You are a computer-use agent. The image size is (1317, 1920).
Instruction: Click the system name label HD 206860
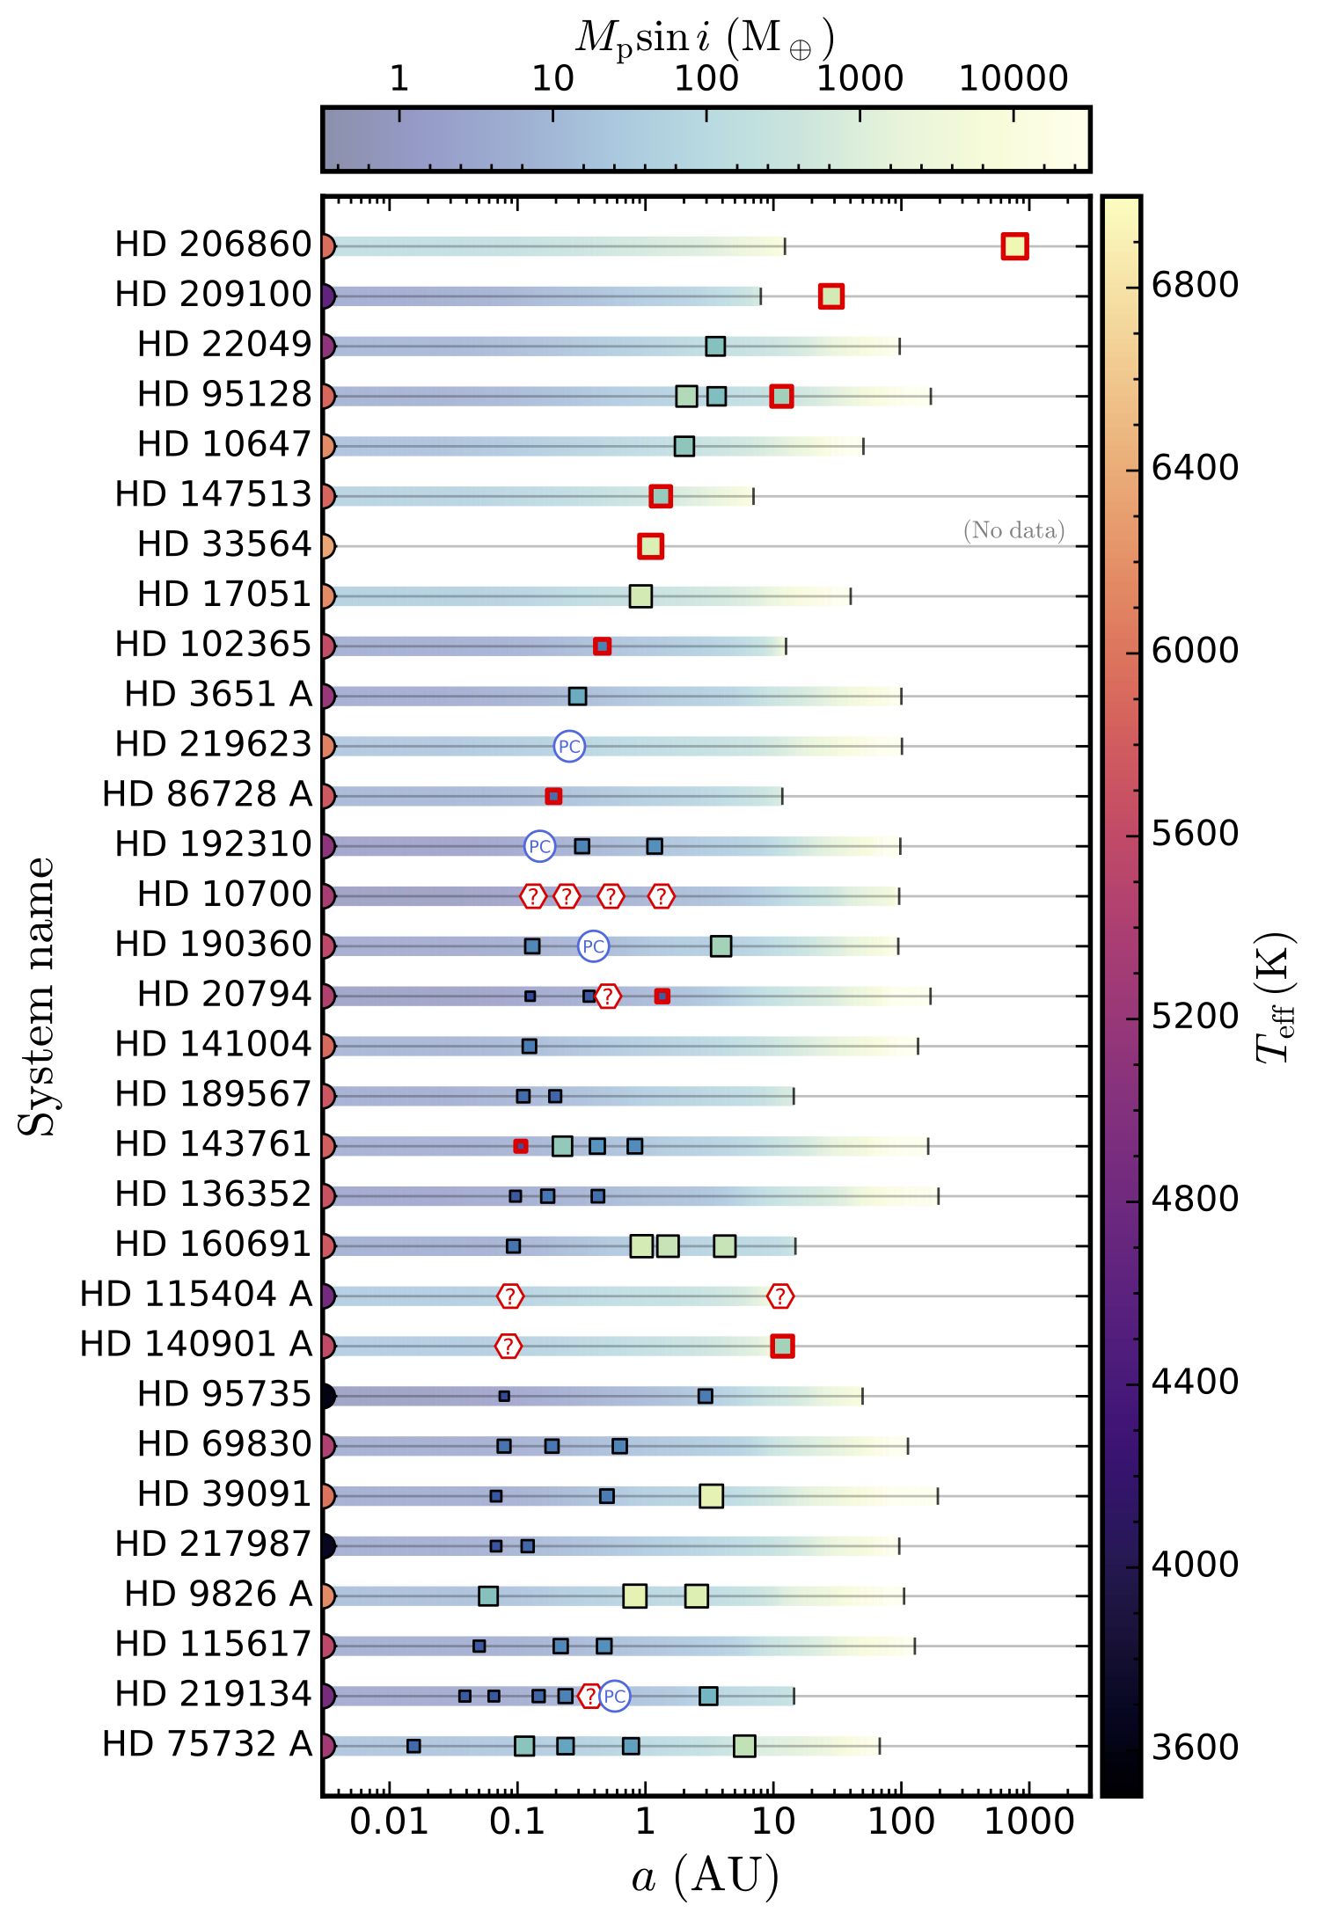[213, 245]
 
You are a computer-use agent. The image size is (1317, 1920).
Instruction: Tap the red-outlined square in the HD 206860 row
[1014, 246]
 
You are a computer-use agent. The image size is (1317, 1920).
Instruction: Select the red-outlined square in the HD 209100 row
[830, 296]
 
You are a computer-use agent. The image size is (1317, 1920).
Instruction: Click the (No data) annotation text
[1013, 530]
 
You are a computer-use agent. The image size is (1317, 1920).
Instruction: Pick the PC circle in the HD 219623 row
[569, 747]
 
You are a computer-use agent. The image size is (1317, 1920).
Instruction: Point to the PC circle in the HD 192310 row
[539, 846]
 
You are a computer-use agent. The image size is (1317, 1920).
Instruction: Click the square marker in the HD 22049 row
[715, 347]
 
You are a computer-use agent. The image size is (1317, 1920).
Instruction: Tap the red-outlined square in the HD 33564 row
[650, 546]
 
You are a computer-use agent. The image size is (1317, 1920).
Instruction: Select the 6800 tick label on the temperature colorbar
[1195, 285]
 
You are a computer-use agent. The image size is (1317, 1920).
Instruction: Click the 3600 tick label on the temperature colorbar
[1195, 1748]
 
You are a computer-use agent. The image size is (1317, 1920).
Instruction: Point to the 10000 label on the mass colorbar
[1013, 79]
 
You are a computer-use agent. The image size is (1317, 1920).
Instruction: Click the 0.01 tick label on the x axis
[389, 1821]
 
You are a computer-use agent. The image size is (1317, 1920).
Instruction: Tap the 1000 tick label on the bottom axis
[1028, 1821]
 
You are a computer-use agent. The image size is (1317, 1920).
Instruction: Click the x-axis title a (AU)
[706, 1877]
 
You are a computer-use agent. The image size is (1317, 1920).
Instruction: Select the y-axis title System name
[37, 997]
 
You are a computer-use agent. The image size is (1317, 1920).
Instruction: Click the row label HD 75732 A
[207, 1744]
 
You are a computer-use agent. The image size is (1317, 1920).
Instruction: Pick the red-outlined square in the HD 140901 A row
[782, 1346]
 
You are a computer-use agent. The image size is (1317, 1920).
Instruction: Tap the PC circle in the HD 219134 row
[615, 1696]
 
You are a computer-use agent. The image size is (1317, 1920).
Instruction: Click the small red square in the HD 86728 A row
[552, 796]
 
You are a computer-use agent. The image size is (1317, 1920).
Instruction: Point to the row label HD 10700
[224, 894]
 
